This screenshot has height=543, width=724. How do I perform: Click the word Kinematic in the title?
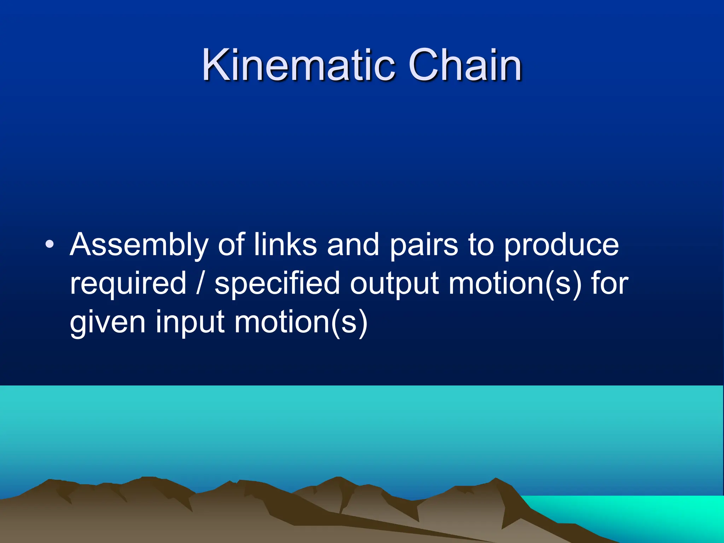(298, 65)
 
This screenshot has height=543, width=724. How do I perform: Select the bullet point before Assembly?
(50, 244)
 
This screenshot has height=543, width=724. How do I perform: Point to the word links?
(285, 244)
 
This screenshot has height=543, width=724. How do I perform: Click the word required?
(128, 284)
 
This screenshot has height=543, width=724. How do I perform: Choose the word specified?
(277, 284)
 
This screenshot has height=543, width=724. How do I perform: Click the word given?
(107, 322)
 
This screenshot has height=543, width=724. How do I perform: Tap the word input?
(190, 322)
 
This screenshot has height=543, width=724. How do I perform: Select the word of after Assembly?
(231, 244)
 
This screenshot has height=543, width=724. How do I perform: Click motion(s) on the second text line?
(514, 284)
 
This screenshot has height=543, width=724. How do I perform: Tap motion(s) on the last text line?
(301, 322)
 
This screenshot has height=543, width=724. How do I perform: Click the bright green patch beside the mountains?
(654, 513)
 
